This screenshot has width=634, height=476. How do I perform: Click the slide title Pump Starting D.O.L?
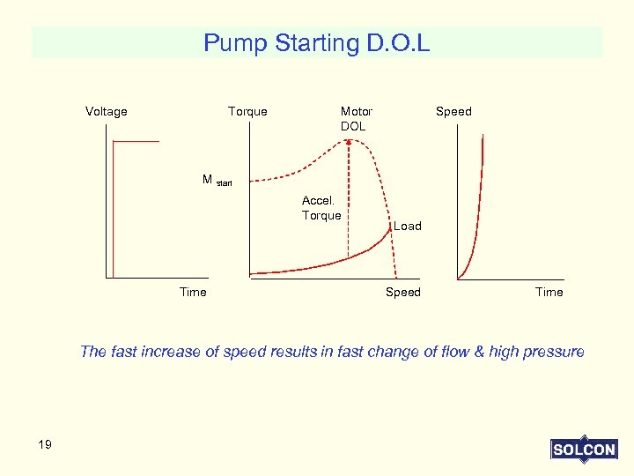[x=316, y=43]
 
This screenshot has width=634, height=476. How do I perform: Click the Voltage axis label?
[x=106, y=111]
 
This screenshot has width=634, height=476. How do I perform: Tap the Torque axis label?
[x=247, y=111]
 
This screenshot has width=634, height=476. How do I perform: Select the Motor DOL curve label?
[x=356, y=118]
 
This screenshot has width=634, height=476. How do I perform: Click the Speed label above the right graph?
[x=453, y=111]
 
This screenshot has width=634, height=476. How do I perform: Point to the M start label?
[x=217, y=180]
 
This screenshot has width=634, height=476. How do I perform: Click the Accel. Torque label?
[x=321, y=208]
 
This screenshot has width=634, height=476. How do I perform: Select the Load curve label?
[x=407, y=226]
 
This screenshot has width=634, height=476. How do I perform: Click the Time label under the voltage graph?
[x=193, y=292]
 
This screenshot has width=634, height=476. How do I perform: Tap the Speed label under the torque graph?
[x=403, y=292]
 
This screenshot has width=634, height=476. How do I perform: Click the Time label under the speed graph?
[x=549, y=292]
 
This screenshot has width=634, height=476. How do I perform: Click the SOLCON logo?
[x=583, y=449]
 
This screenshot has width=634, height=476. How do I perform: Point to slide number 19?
[x=45, y=444]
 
